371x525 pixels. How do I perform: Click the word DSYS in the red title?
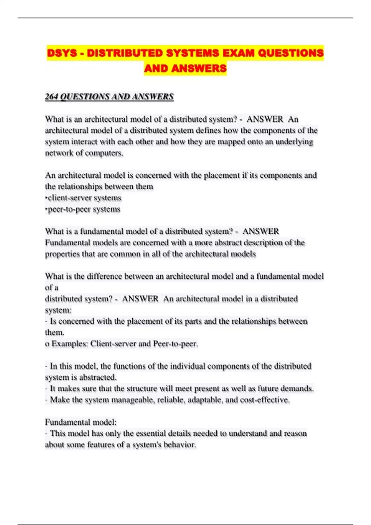tap(62, 53)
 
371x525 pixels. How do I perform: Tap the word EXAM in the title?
tap(238, 53)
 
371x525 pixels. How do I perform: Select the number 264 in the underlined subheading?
tap(51, 97)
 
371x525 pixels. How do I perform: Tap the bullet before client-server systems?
tap(46, 198)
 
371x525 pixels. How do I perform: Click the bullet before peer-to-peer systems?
tap(46, 209)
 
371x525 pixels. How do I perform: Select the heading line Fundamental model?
tap(81, 422)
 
